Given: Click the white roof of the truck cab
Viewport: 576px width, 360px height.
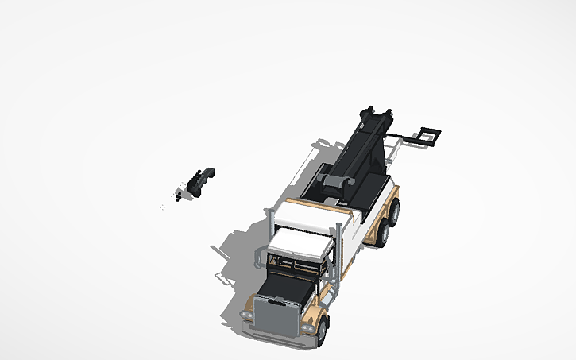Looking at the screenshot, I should [x=300, y=245].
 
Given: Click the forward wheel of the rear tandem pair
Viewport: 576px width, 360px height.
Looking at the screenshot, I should [x=382, y=231].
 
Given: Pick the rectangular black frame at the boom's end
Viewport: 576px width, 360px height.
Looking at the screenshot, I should [x=429, y=137].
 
